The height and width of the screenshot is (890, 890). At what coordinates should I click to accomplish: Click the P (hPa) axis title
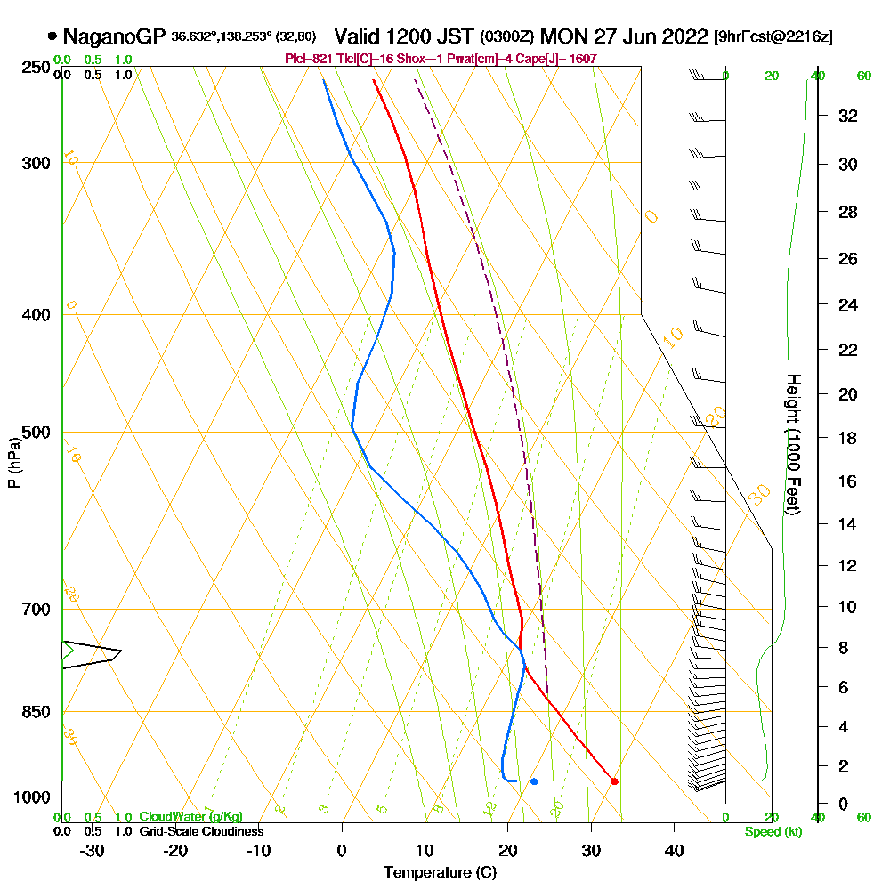(13, 462)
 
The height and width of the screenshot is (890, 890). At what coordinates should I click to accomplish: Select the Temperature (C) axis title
(440, 872)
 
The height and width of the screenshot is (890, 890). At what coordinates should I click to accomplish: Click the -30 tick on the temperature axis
(93, 850)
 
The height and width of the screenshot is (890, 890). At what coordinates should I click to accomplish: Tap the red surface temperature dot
(614, 781)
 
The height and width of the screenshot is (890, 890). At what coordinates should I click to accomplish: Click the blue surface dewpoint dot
(533, 781)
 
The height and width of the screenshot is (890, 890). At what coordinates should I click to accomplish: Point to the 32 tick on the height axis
(848, 116)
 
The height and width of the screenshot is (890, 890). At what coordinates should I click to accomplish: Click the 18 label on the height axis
(848, 438)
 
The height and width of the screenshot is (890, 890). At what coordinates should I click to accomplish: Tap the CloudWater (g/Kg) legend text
(190, 817)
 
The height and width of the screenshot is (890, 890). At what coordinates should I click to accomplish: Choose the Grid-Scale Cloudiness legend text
(200, 831)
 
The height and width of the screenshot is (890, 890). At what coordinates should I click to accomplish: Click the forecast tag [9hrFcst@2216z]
(773, 37)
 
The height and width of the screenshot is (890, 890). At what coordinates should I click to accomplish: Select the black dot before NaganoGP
(53, 36)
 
